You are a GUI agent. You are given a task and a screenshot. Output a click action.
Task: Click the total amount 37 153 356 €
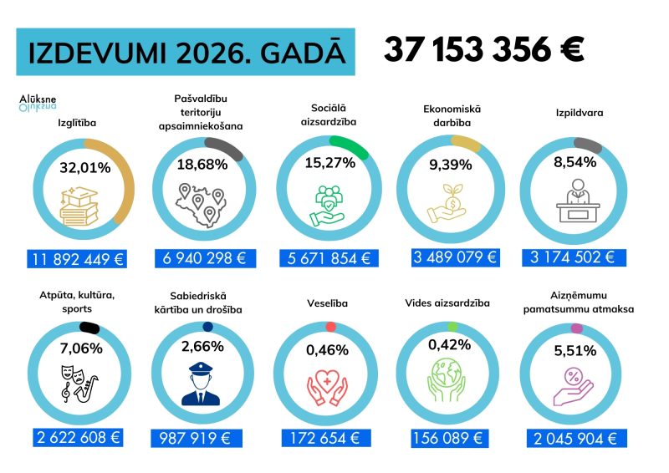483,50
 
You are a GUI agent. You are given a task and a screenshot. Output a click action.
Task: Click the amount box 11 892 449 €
76,258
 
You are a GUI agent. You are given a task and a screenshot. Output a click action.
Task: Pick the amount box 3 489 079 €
455,257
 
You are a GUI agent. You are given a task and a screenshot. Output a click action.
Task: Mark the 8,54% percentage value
575,162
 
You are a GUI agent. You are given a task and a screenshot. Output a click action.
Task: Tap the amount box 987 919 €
202,438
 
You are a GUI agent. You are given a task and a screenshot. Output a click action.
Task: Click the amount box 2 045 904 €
576,438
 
